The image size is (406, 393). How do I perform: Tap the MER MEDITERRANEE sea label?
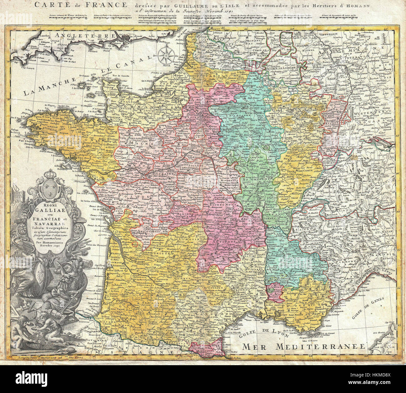point(304,346)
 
